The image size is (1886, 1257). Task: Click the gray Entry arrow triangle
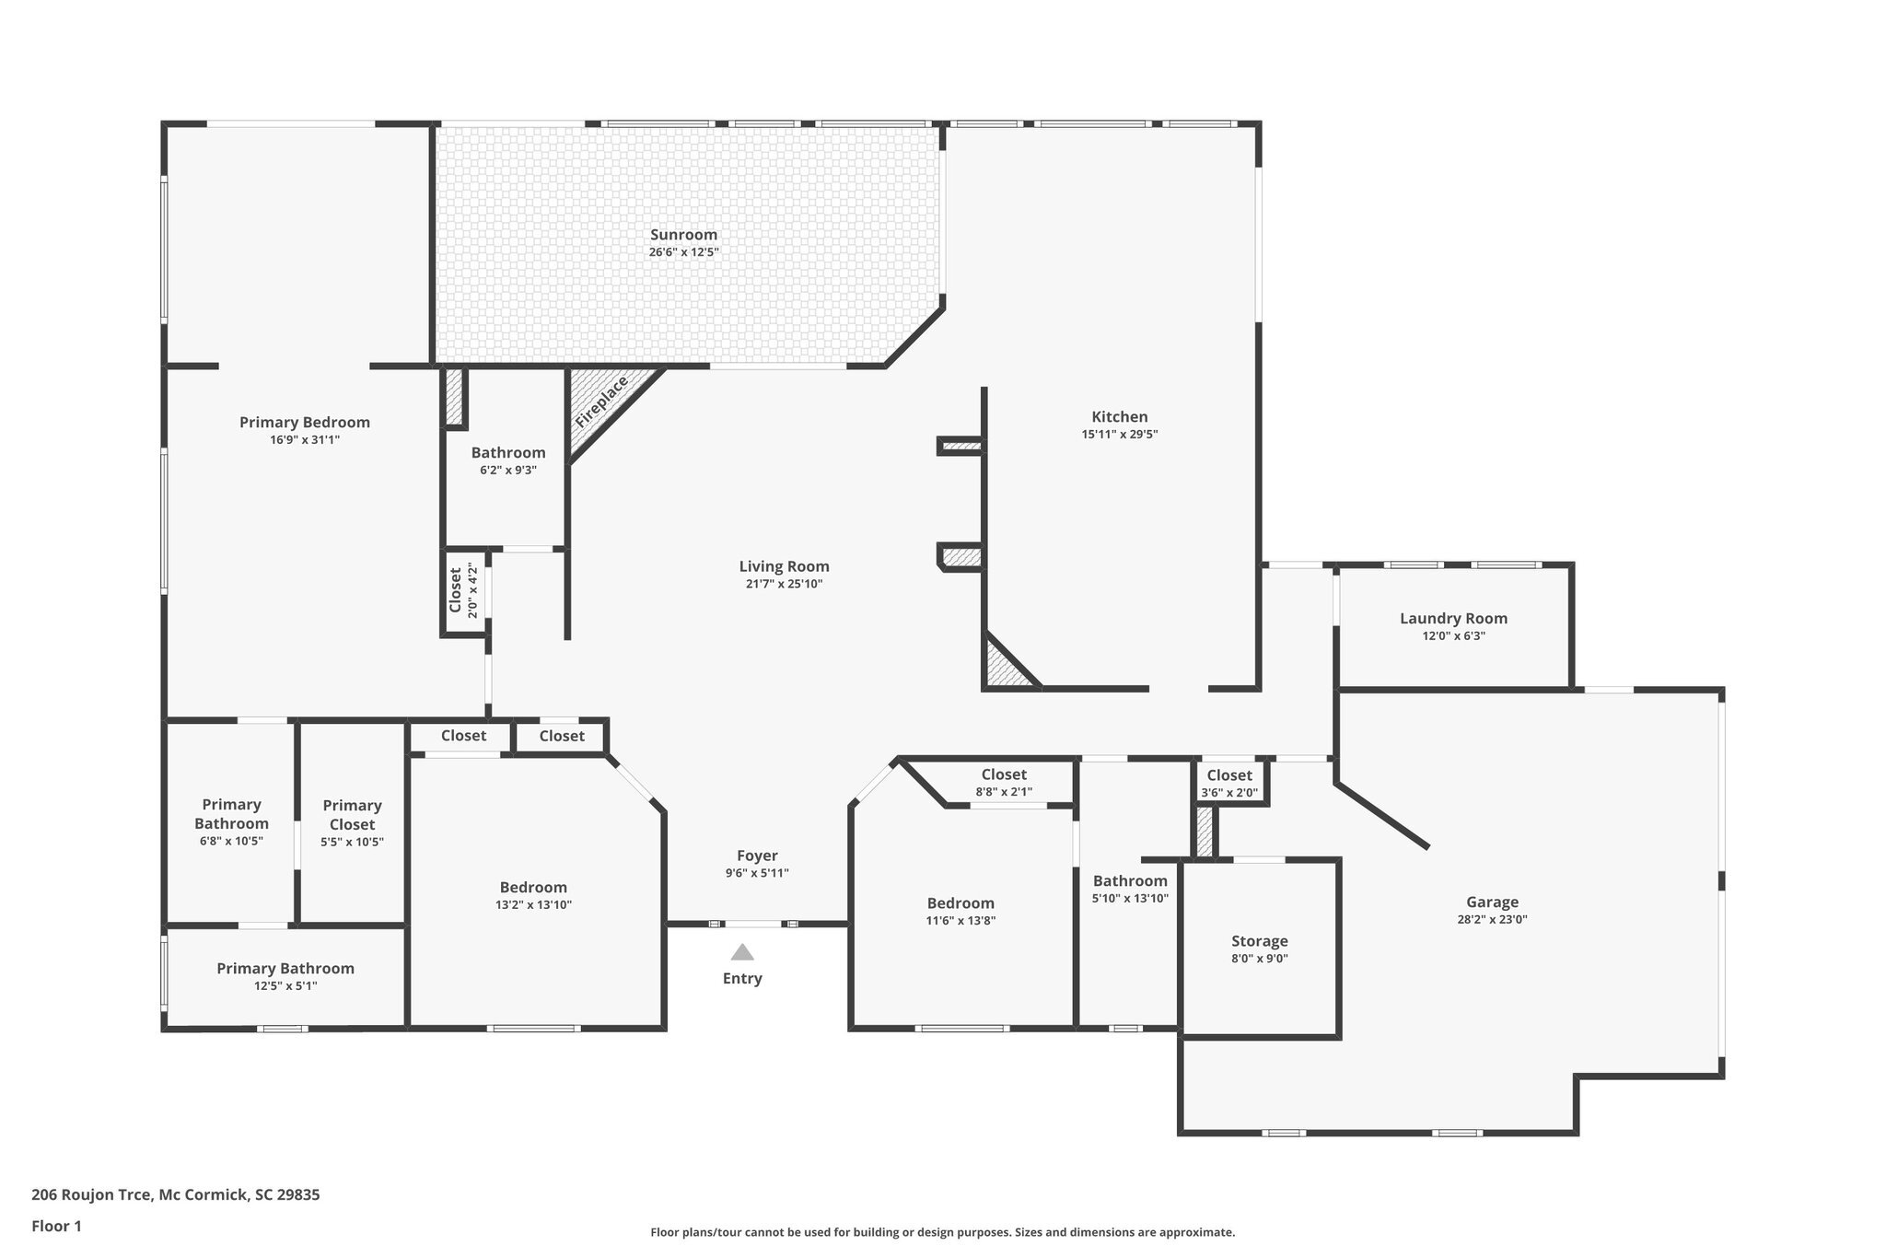[742, 952]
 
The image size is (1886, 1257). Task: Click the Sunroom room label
[683, 235]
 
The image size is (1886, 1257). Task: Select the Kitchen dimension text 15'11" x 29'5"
[1119, 435]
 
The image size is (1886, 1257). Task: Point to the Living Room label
[784, 566]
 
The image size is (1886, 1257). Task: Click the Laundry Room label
[1453, 619]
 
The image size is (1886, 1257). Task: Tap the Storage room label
[1259, 941]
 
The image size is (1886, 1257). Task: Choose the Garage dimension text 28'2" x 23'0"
[1492, 919]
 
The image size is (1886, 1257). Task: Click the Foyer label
[757, 855]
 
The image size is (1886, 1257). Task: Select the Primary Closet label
[352, 815]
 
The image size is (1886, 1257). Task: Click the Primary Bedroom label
[305, 423]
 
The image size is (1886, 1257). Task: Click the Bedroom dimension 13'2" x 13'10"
[533, 905]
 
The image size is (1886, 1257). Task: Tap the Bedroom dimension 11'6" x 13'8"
[960, 921]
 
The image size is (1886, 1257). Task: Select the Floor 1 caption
[56, 1226]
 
